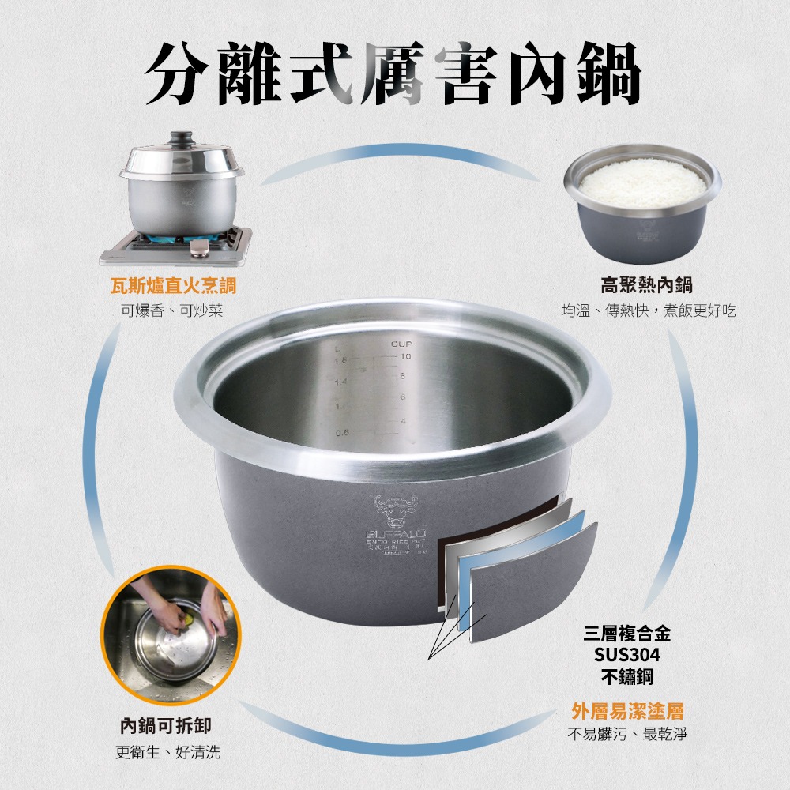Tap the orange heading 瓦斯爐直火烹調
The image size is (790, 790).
[x=172, y=286]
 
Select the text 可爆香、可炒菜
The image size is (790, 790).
[x=172, y=311]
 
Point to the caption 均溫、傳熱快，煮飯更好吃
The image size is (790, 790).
[x=648, y=311]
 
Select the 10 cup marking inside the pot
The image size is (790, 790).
[x=405, y=358]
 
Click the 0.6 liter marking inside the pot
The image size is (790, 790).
[x=342, y=432]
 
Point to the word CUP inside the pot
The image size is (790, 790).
[x=402, y=345]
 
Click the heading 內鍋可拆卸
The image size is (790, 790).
[x=166, y=725]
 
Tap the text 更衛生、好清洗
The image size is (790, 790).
[x=167, y=751]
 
